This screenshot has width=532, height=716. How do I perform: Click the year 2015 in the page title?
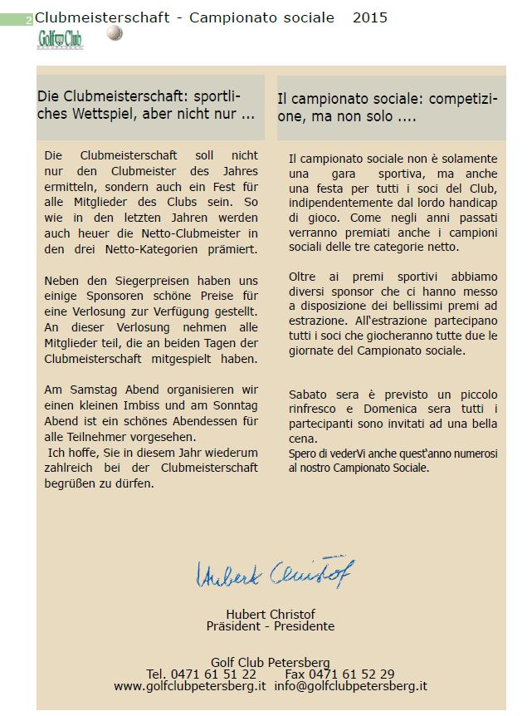pyautogui.click(x=369, y=17)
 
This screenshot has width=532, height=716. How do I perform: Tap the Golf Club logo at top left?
pyautogui.click(x=61, y=39)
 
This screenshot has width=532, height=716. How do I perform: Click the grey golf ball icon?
pyautogui.click(x=115, y=32)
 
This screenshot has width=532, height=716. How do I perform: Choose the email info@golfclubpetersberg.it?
pyautogui.click(x=350, y=686)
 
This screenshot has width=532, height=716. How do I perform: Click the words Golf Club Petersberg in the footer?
pyautogui.click(x=271, y=662)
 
